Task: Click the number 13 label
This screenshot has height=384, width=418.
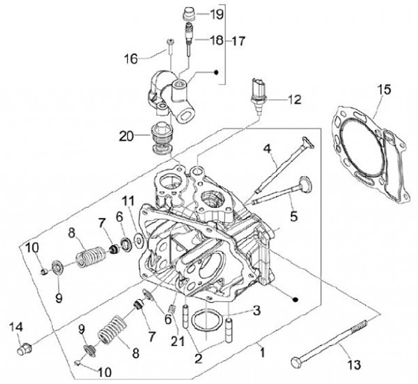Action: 353,365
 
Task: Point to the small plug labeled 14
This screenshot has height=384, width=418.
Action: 25,349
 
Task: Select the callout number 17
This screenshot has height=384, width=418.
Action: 238,41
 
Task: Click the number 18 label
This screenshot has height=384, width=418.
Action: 216,41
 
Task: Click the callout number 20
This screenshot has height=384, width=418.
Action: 127,137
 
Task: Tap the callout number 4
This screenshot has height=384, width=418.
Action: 267,149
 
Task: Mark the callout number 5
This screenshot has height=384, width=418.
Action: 294,217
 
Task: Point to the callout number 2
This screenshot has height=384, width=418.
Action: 199,358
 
